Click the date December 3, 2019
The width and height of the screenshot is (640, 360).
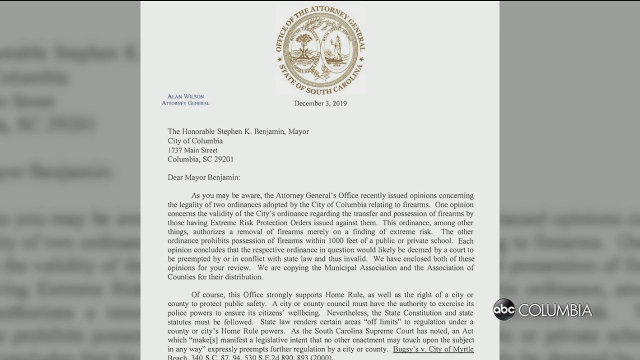coord(320,103)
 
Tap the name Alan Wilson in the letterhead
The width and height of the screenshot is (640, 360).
coord(185,96)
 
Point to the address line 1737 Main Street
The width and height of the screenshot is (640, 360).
coord(192,150)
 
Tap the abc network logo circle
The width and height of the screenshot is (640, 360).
coord(504,309)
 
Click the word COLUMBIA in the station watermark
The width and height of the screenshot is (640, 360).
coord(555,310)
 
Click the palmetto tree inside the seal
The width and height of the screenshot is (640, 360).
coord(303,48)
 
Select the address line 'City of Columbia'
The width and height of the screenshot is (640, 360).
coord(195,141)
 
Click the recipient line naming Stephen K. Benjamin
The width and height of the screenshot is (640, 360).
coord(238,131)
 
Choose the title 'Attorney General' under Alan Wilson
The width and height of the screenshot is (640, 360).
coord(185,103)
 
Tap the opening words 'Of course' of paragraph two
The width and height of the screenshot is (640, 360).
coord(206,294)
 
